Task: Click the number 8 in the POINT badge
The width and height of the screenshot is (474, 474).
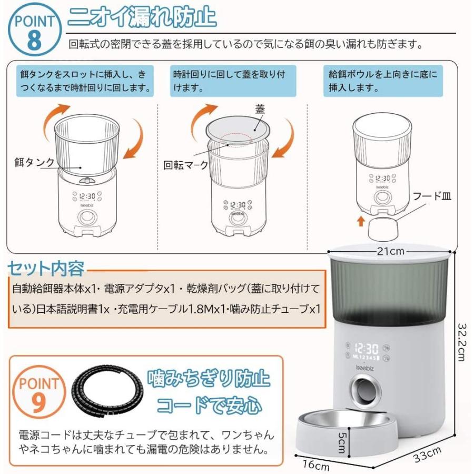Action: [x=33, y=41]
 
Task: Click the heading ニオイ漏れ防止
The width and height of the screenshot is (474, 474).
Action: [x=142, y=17]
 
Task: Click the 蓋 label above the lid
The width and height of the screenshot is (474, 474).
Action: [x=260, y=109]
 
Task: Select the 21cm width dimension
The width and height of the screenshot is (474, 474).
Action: [x=390, y=251]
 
